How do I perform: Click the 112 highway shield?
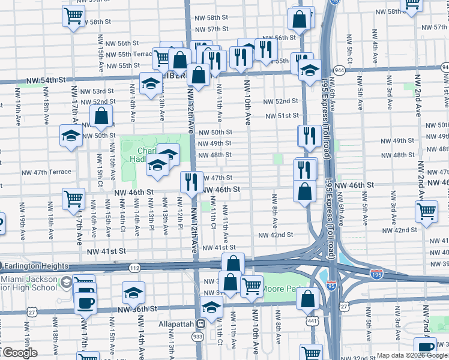(133, 268)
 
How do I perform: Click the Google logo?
(20, 352)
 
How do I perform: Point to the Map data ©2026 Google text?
(412, 355)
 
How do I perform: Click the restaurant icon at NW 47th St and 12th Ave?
(191, 181)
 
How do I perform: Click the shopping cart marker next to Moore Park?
(251, 286)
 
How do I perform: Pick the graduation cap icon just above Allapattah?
(211, 308)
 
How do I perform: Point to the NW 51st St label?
(283, 115)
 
